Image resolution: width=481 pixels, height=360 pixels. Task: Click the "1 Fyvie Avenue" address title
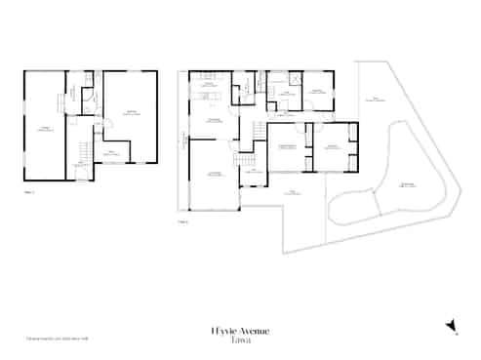click(240, 331)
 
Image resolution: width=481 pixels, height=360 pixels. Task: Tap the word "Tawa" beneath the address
click(240, 340)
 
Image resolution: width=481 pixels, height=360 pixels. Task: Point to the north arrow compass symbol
click(450, 326)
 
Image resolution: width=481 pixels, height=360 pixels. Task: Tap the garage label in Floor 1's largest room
click(44, 128)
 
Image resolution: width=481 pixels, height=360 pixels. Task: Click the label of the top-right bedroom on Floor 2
click(316, 92)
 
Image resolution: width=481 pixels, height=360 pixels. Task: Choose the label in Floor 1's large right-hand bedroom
click(132, 112)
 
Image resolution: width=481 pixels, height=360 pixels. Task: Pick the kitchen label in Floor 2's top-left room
click(208, 86)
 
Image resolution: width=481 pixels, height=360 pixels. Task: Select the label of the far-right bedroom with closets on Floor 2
click(332, 146)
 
